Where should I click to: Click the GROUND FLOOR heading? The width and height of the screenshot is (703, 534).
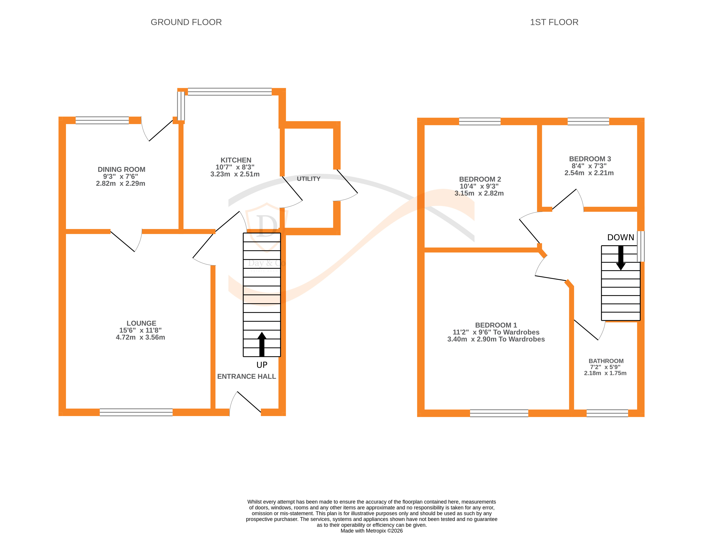[186, 22]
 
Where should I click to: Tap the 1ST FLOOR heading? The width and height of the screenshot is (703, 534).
[554, 22]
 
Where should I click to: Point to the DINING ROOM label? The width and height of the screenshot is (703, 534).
[121, 169]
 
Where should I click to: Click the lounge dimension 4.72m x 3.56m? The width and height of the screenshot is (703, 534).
[140, 337]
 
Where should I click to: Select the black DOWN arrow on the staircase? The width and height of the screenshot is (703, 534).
[620, 258]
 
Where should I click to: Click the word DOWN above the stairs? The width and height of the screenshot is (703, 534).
[620, 237]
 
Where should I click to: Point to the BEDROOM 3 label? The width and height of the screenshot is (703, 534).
[590, 159]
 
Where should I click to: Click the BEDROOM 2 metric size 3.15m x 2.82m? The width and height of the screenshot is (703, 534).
[479, 193]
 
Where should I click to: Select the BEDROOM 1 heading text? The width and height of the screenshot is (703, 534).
[496, 325]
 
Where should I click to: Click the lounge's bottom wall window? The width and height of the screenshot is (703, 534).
[136, 412]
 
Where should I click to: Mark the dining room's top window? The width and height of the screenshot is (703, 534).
[102, 120]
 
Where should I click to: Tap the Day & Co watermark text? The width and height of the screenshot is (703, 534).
[266, 263]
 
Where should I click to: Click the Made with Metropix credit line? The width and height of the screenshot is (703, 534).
[371, 531]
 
